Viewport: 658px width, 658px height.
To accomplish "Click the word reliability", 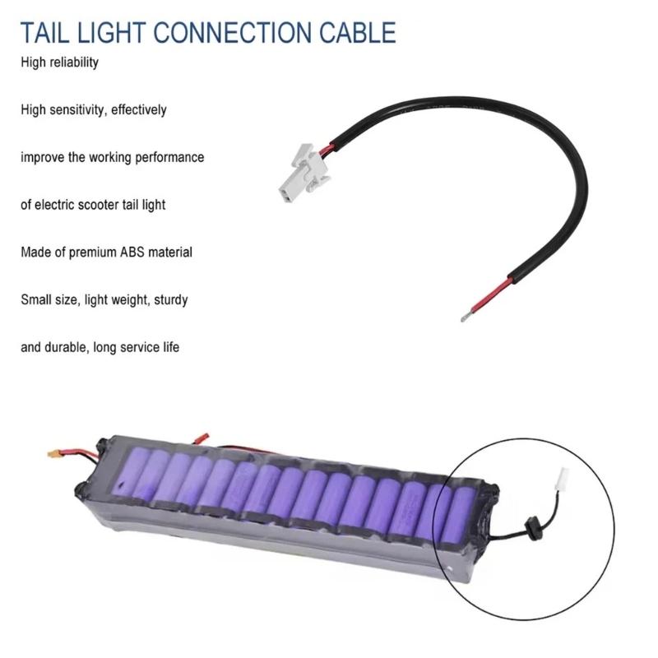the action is point(74,63).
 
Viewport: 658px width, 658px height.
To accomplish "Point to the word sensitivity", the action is point(76,110).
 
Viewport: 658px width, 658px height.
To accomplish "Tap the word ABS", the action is point(132,253).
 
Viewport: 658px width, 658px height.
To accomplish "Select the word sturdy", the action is point(171,300).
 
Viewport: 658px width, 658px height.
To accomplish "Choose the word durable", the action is point(68,347).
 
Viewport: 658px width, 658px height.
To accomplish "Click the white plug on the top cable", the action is point(304,173).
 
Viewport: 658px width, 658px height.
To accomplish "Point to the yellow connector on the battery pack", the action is point(53,454).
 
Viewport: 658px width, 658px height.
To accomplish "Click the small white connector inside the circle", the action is point(562,480).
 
